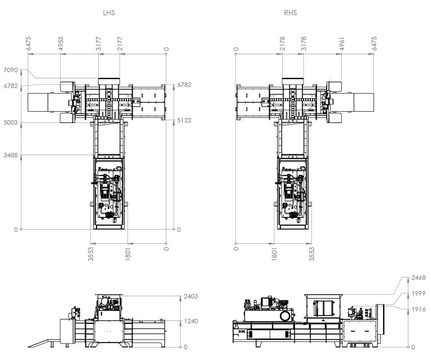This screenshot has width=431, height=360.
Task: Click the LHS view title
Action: (109, 13)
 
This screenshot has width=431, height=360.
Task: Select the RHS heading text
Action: (291, 13)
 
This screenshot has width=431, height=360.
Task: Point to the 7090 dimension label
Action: (11, 70)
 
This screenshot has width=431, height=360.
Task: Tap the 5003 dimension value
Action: (11, 122)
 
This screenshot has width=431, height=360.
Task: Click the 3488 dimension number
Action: (11, 155)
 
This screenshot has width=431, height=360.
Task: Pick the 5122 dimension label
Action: (184, 120)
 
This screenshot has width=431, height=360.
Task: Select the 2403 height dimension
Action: (191, 296)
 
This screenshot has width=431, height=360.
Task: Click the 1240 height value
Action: (191, 321)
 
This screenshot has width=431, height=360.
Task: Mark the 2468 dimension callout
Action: (419, 278)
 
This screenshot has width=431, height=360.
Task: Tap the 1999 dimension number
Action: (419, 294)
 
